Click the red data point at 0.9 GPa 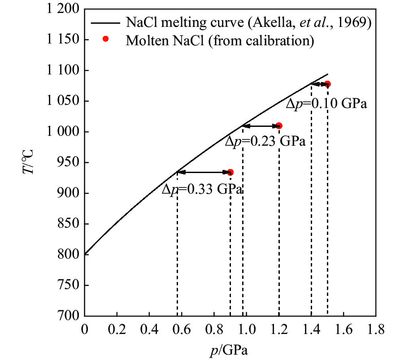coord(230,172)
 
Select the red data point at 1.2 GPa coord(279,126)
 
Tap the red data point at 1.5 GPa coord(327,84)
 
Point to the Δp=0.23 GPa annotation coord(265,142)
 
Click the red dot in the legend coord(105,39)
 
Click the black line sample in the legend coord(106,22)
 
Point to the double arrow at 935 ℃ coord(204,172)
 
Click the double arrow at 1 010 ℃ coord(261,126)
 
